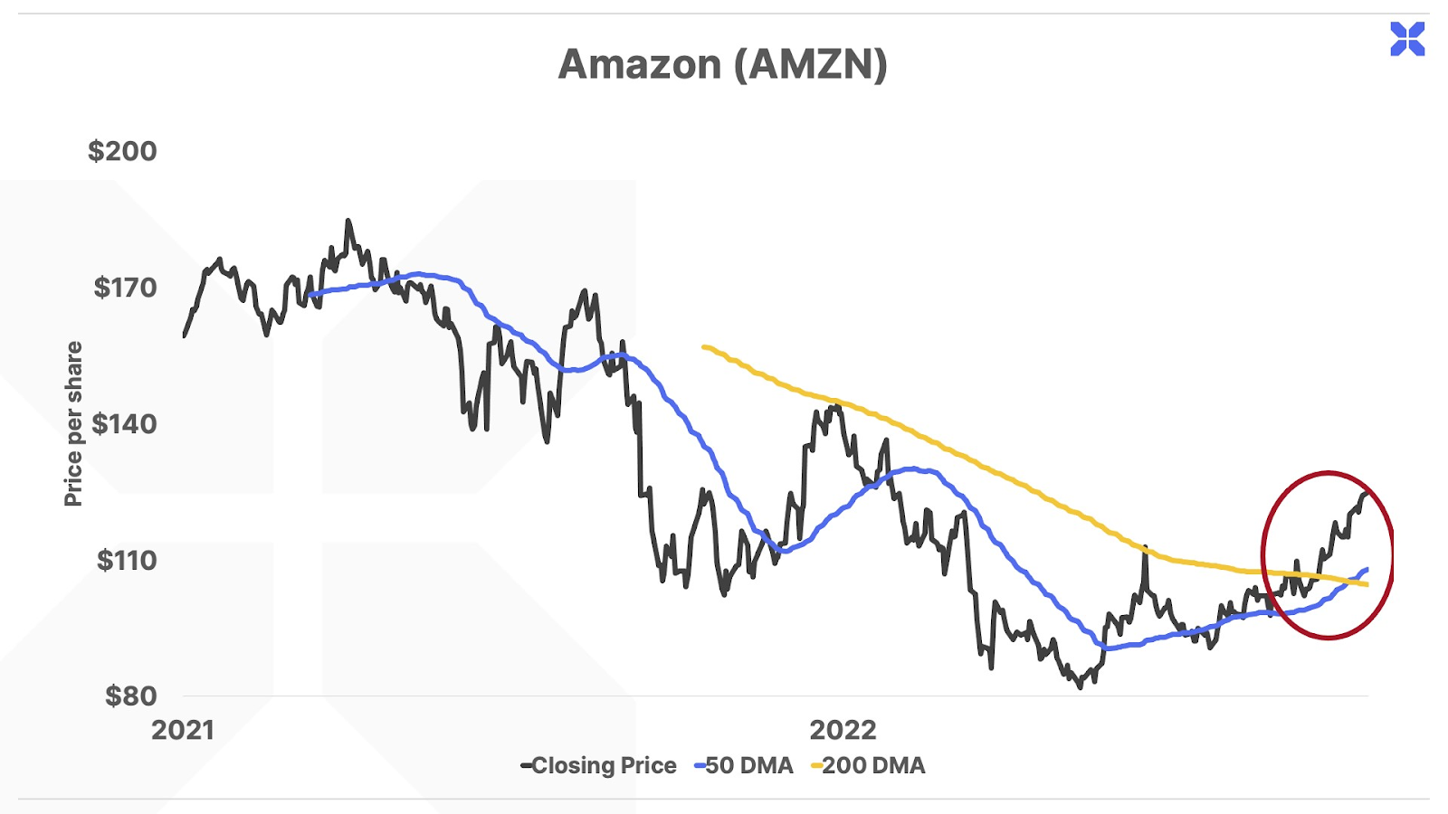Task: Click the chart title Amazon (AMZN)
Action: point(722,64)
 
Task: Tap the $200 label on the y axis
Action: point(122,151)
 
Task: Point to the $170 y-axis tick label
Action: point(125,288)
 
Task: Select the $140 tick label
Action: point(124,423)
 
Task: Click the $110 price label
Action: point(127,560)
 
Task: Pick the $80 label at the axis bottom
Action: point(130,696)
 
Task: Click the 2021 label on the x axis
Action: point(183,730)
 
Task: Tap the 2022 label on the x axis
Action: point(843,730)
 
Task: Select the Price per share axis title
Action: point(73,423)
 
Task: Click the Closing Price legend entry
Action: point(598,766)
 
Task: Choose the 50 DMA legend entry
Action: point(744,766)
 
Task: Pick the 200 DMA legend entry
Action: point(869,766)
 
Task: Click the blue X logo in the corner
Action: point(1407,39)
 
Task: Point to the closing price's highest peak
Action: point(348,221)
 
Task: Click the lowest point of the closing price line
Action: point(1080,687)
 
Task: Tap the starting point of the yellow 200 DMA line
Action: point(704,346)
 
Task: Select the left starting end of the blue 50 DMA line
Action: point(310,294)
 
